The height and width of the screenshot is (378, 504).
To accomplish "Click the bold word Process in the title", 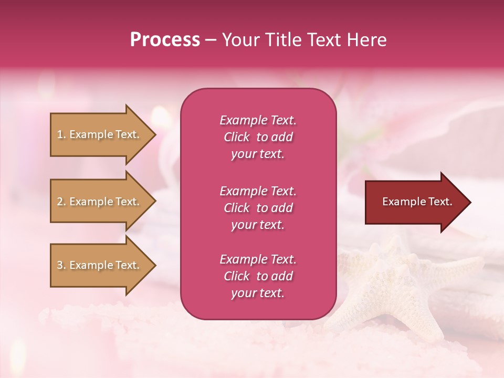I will tap(165, 40).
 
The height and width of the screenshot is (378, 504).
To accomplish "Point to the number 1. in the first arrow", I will tap(61, 134).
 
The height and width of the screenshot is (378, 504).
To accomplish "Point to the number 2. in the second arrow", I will tap(61, 202).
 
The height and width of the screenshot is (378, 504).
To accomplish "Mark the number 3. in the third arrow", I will tap(61, 265).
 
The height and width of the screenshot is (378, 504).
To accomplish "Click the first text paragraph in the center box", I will tap(258, 137).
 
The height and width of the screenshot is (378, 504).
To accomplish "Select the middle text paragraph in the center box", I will tap(258, 208).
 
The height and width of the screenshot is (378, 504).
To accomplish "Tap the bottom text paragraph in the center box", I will tap(258, 276).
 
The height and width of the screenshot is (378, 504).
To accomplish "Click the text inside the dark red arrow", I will tap(417, 202).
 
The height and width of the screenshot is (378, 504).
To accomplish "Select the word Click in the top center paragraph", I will tap(237, 137).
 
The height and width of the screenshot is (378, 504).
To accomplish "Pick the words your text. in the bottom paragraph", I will tap(258, 293).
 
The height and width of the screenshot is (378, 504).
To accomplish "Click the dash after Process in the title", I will tap(211, 40).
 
